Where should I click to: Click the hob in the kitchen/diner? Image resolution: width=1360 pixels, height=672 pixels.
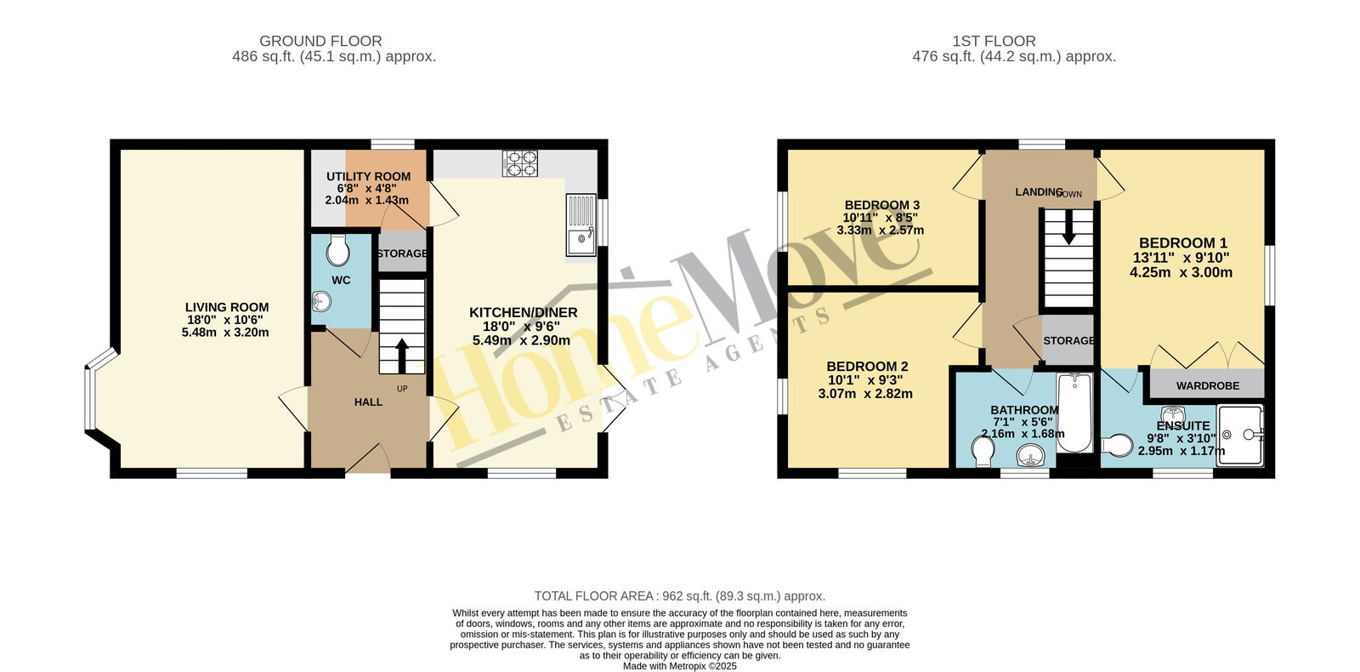point(520,163)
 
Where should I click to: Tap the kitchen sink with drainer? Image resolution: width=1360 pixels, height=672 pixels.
point(581,225)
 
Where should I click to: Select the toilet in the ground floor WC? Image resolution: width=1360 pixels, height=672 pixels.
point(337,250)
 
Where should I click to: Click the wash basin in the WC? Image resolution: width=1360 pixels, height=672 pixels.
point(322,301)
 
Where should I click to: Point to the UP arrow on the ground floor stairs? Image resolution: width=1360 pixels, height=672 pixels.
point(401,356)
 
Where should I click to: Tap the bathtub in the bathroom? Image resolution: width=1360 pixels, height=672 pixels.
point(1075,413)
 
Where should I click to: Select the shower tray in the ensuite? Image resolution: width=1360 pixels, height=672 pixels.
point(1240,435)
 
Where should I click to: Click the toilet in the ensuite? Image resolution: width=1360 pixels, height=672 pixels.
point(1117,446)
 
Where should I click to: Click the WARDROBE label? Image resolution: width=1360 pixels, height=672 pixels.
point(1208,386)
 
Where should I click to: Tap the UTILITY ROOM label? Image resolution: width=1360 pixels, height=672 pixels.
point(369,177)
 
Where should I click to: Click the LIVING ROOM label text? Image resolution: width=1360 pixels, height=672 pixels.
point(227,307)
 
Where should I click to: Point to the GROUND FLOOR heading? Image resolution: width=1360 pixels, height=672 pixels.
point(320,41)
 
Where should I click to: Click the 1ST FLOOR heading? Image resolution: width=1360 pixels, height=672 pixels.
point(994,41)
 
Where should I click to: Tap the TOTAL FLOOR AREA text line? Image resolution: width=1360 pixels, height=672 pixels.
point(680,596)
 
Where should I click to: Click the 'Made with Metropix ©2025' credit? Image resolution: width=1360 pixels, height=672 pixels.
point(680,666)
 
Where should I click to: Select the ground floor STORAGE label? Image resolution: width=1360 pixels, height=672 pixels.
point(402,253)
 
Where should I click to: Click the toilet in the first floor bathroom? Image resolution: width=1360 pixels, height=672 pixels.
point(983,452)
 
